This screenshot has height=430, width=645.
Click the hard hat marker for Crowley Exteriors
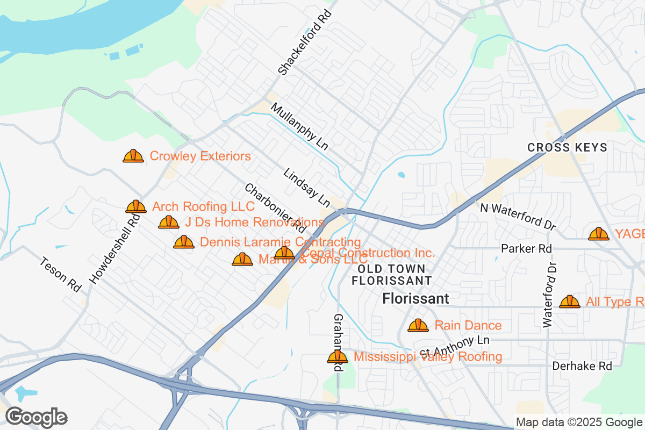click(x=133, y=156)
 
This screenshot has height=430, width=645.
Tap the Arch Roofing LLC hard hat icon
click(x=136, y=206)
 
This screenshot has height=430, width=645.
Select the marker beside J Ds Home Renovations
click(x=169, y=222)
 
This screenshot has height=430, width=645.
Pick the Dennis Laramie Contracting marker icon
click(x=184, y=242)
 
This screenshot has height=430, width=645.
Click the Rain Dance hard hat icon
click(x=418, y=325)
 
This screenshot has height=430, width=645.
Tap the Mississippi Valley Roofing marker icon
click(x=338, y=357)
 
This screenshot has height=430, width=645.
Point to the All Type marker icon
click(x=570, y=302)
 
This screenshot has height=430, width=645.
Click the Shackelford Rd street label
click(x=304, y=42)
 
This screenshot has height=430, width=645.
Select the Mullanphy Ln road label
click(x=299, y=127)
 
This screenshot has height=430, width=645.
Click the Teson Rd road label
click(x=60, y=274)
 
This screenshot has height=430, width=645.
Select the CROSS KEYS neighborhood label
click(x=567, y=147)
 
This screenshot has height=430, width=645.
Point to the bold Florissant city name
click(x=415, y=298)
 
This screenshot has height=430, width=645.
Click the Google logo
click(x=37, y=417)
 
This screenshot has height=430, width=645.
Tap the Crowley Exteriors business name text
click(x=200, y=156)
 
